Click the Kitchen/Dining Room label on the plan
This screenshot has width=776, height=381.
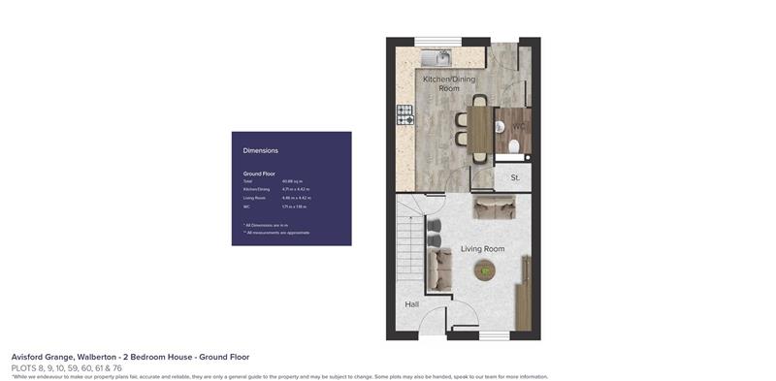[448, 82]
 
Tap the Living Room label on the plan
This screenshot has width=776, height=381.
[482, 249]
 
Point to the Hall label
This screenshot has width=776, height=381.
[412, 304]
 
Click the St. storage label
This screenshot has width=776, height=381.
[515, 178]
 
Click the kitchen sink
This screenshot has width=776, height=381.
[434, 56]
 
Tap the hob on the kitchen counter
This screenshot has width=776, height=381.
[404, 113]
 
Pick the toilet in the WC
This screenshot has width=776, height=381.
[514, 146]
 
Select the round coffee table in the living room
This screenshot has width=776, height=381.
[485, 272]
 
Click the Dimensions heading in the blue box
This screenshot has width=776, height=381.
[260, 150]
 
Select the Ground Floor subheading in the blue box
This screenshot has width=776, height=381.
[259, 174]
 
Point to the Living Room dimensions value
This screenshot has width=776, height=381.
[296, 198]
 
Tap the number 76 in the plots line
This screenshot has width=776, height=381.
[117, 367]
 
